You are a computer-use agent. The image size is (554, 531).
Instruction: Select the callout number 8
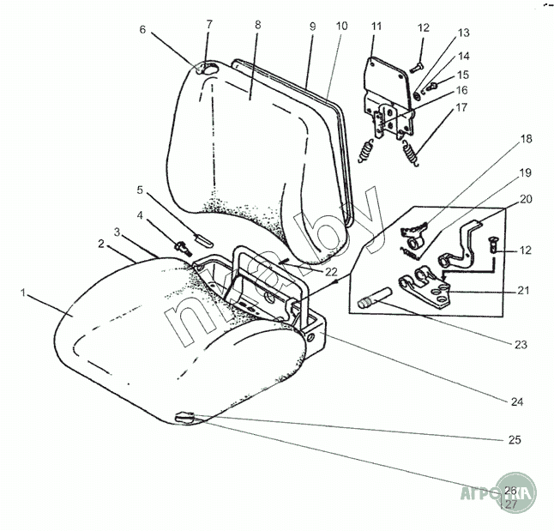point(257,27)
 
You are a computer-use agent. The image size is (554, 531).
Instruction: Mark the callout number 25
point(515,439)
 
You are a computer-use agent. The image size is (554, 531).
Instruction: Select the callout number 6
point(143,30)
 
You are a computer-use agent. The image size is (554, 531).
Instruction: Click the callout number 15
point(463,75)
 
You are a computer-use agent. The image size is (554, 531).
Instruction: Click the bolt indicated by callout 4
point(182,247)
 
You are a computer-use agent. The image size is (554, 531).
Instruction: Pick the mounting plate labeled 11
point(387,77)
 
